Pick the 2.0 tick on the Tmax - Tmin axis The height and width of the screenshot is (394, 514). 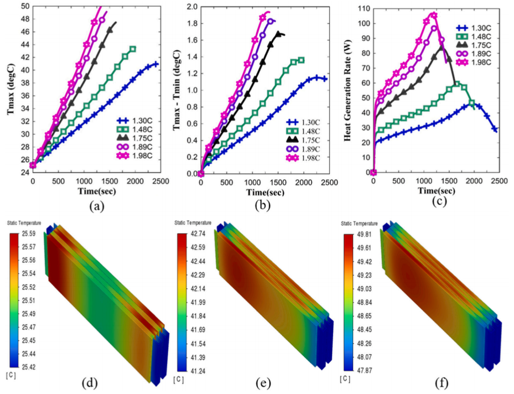click(191, 7)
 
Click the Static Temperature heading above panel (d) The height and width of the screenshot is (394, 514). click(24, 223)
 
